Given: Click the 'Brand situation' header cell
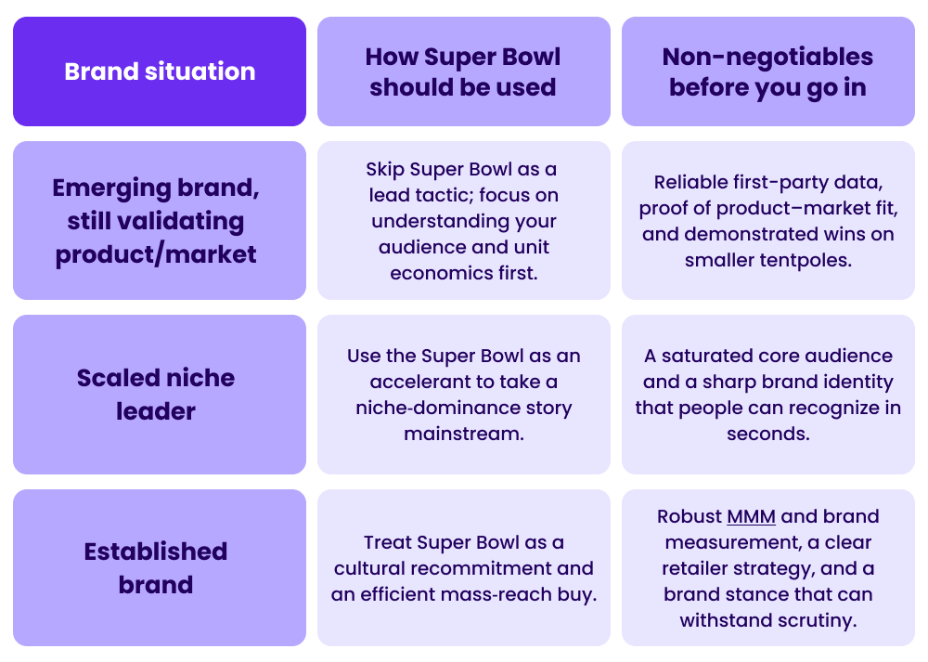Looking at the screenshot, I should pos(160,71).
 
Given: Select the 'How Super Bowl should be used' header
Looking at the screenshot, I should pos(463,71).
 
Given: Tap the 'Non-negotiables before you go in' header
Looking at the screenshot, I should pos(767,71).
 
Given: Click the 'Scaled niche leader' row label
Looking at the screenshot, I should pos(156,394).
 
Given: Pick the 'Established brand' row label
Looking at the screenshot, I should pos(156,567).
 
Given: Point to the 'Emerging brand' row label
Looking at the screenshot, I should pos(156,188).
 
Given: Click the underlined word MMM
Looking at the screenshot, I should pos(751,517).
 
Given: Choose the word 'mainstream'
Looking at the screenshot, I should pos(463,434).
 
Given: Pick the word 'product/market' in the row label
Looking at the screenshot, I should pos(156,254).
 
